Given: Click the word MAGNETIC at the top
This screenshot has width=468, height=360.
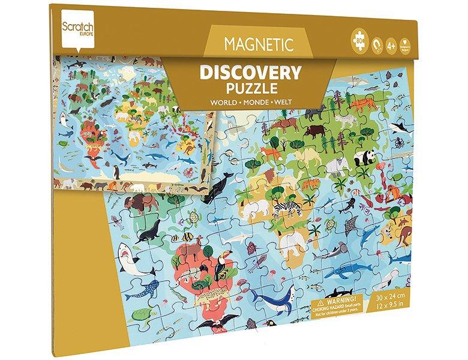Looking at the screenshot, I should click(259, 44).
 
